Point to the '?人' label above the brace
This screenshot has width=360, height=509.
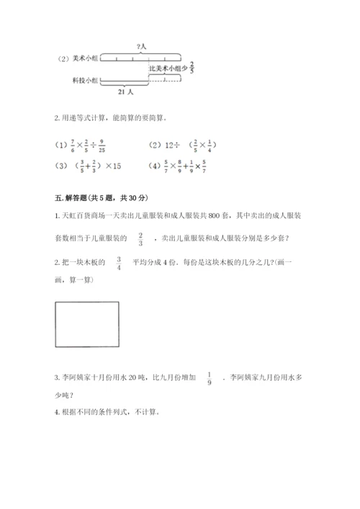coord(141,48)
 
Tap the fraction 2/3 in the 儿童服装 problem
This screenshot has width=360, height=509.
coord(140,238)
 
